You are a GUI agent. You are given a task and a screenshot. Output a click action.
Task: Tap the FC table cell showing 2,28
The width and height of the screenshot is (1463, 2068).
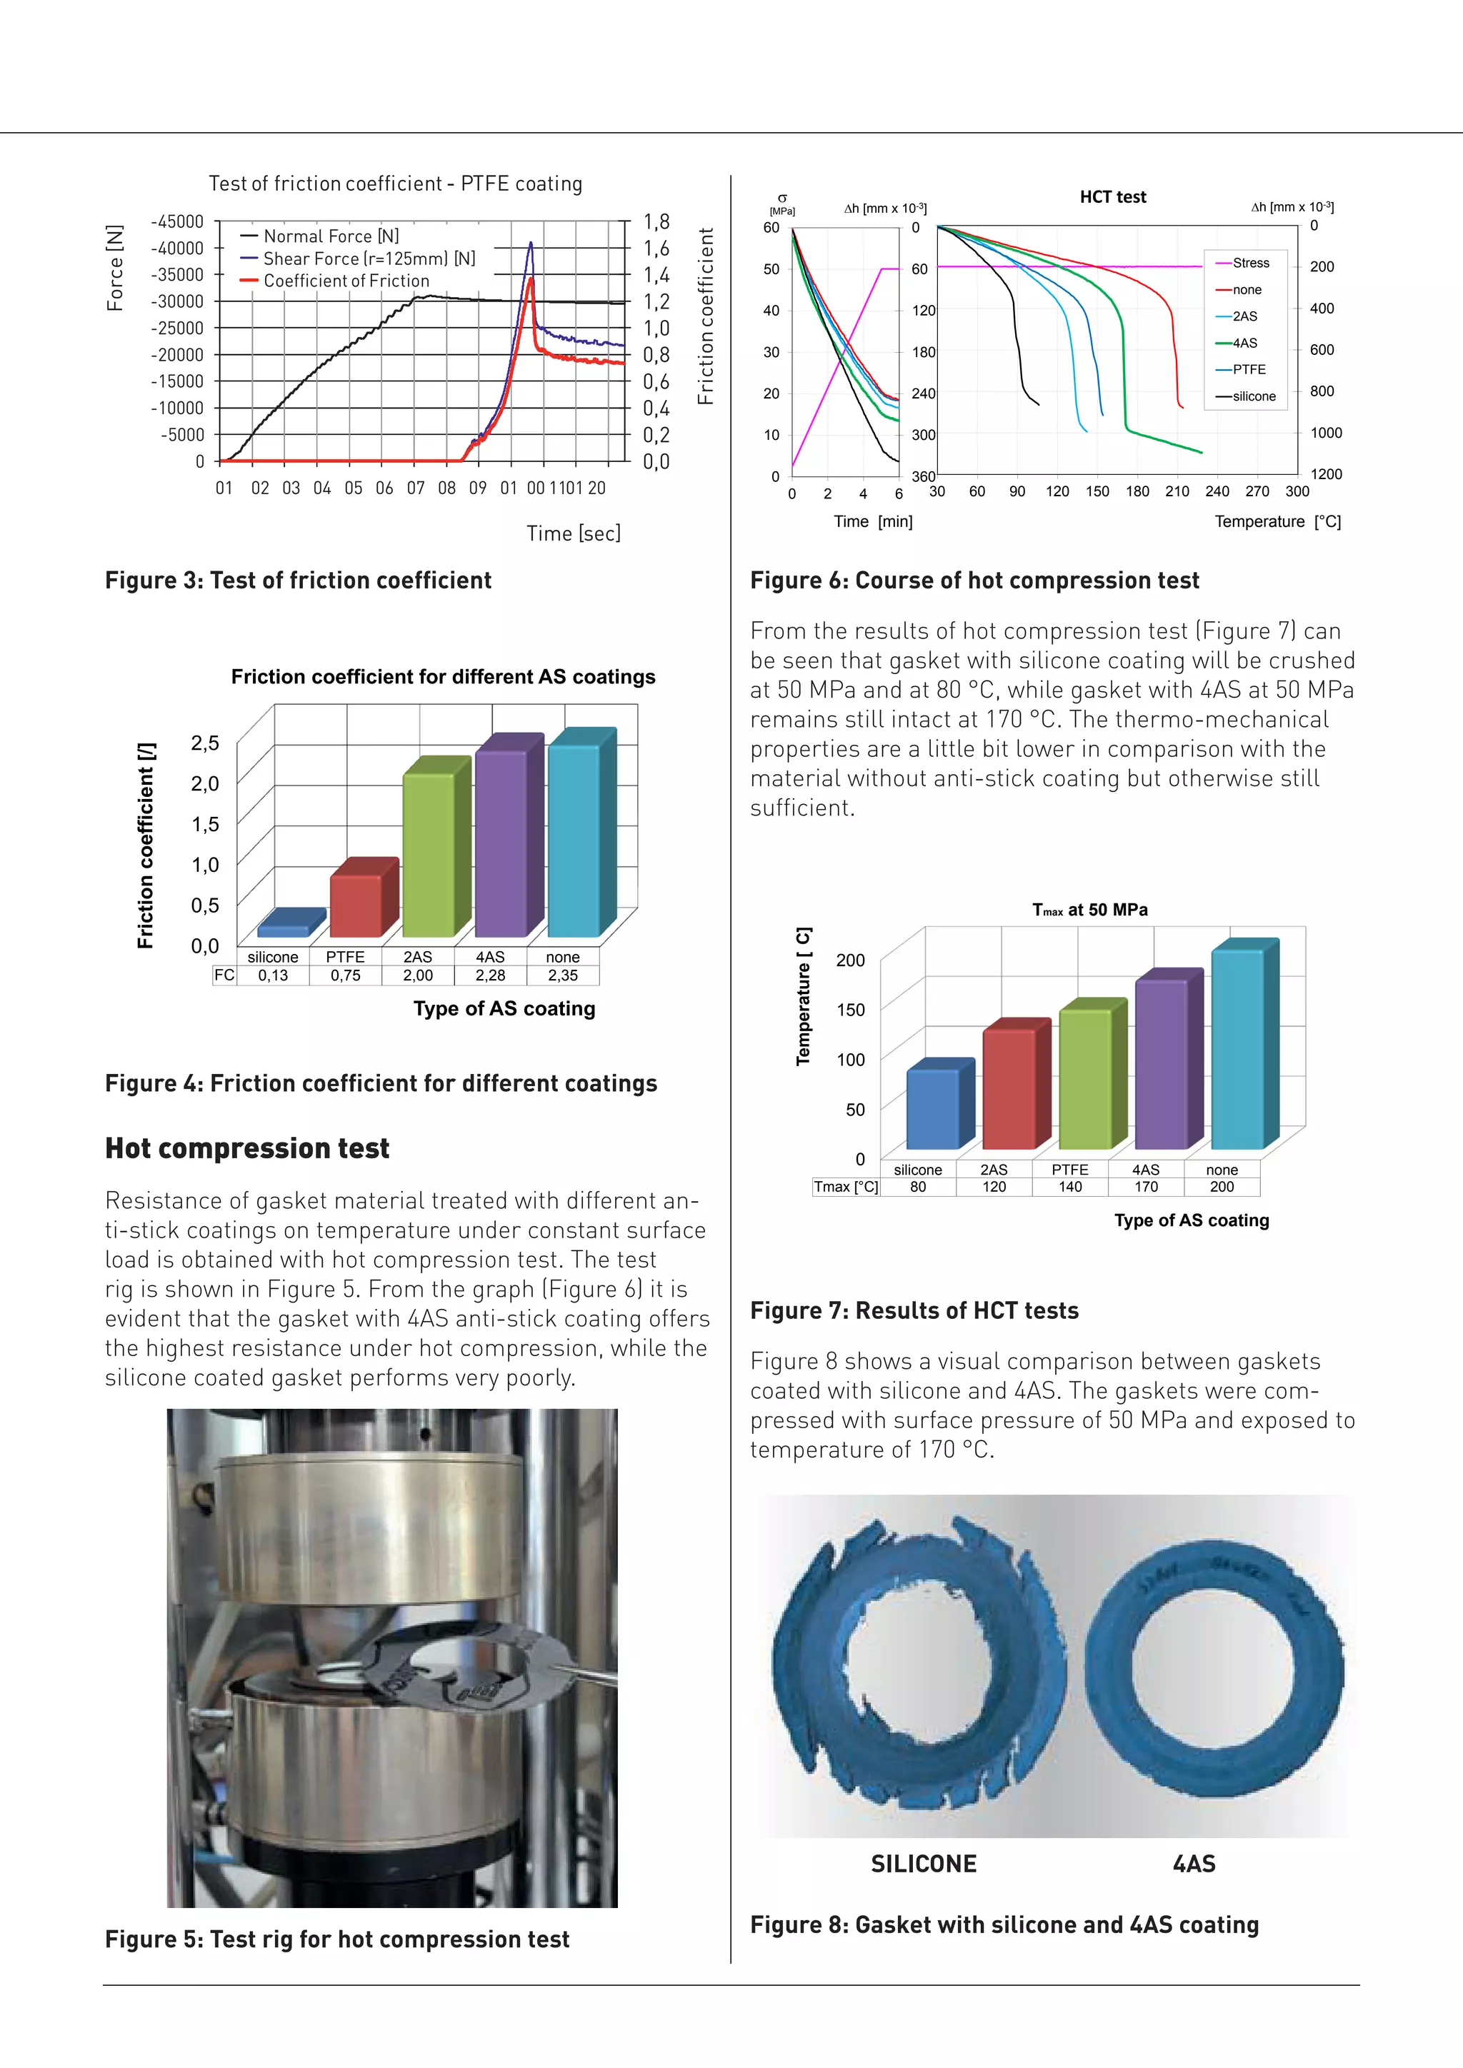click(490, 975)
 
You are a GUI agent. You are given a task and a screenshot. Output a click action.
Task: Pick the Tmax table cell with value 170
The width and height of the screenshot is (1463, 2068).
click(1146, 1187)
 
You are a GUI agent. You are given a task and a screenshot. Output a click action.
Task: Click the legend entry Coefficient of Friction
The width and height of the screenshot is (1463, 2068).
click(346, 281)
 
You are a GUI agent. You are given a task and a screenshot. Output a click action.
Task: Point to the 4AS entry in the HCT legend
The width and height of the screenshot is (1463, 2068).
click(1245, 343)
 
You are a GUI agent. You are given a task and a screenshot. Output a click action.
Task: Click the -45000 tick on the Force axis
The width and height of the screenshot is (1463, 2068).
click(176, 221)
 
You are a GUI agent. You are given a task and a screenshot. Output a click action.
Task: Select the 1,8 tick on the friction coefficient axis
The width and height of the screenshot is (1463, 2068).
click(656, 221)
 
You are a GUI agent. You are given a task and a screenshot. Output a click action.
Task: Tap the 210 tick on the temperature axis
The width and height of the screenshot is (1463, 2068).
click(1177, 492)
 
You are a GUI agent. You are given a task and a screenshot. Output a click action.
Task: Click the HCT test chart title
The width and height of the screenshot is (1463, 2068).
click(1112, 196)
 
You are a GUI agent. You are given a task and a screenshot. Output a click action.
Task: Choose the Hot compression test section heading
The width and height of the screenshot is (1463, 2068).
click(247, 1148)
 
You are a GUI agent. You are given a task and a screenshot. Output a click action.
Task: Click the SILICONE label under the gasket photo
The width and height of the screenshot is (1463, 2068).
click(924, 1864)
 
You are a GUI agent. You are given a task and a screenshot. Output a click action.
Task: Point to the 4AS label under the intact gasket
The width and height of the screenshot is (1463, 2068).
click(1194, 1864)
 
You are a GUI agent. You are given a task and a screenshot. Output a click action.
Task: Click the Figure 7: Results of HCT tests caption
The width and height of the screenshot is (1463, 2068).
click(914, 1310)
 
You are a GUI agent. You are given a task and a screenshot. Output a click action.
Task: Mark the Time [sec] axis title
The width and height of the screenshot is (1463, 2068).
click(574, 533)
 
